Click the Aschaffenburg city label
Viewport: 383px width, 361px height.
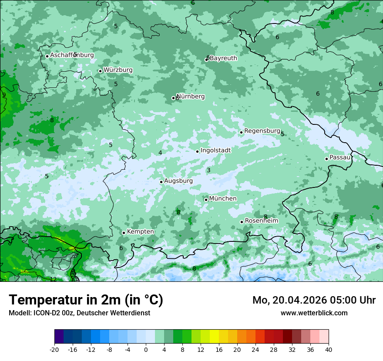point(72,55)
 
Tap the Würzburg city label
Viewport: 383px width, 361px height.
point(118,70)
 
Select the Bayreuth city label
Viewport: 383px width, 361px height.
point(223,58)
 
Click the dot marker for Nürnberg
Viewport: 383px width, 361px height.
point(173,98)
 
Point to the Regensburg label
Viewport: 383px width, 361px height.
point(262,131)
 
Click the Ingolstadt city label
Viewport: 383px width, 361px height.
point(215,150)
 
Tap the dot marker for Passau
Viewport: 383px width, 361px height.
point(326,159)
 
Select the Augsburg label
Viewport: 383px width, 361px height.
point(178,181)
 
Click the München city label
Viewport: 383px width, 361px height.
point(223,199)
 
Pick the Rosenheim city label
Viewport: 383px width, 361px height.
point(261,221)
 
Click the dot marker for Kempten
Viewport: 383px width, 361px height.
point(124,233)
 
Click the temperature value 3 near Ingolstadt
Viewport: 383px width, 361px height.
point(208,170)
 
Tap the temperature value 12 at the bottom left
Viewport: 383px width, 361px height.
point(53,279)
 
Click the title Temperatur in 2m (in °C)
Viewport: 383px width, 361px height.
point(86,300)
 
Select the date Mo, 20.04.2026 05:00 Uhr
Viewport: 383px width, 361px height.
point(314,300)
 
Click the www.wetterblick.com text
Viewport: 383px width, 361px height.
point(314,313)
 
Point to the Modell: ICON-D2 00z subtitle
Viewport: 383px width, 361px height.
point(79,313)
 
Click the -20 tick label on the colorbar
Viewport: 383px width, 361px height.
point(54,349)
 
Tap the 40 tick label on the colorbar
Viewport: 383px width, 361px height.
point(329,349)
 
